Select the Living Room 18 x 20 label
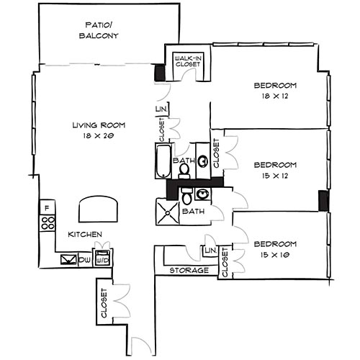[x=94, y=130]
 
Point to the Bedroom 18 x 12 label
[x=275, y=90]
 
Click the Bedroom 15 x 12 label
[x=275, y=169]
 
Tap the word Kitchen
[x=85, y=235]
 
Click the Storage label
[x=189, y=271]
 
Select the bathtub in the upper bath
[x=162, y=161]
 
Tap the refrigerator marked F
[x=47, y=208]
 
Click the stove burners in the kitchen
[x=48, y=223]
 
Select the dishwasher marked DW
[x=85, y=258]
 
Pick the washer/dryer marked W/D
[x=102, y=258]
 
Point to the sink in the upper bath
[x=203, y=161]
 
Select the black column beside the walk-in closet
[x=159, y=73]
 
